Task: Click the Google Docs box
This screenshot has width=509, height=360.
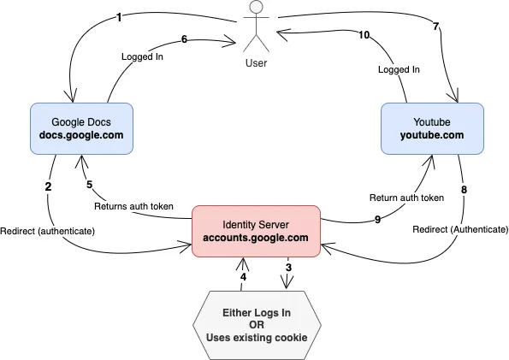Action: (x=81, y=128)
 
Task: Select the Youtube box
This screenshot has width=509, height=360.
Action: (x=432, y=128)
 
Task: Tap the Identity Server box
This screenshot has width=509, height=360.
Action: (x=256, y=231)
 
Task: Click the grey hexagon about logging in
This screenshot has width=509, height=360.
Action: (x=257, y=325)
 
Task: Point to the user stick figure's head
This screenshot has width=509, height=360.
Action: (x=257, y=7)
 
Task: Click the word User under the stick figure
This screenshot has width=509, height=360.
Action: (x=256, y=63)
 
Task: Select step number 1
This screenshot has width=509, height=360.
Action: (x=119, y=17)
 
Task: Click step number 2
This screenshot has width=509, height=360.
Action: (x=49, y=186)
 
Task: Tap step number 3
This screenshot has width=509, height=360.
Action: (x=288, y=268)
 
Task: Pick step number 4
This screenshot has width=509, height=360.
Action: (x=243, y=277)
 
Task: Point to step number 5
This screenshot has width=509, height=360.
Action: (x=89, y=185)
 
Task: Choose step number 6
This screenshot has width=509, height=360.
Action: (x=184, y=39)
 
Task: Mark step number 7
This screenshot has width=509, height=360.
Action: (x=436, y=27)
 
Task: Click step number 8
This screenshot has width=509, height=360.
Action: (x=464, y=190)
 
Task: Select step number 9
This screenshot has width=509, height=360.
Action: (x=377, y=220)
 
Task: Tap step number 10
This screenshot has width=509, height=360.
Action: (x=364, y=35)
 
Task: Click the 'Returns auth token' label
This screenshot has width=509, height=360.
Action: (x=133, y=206)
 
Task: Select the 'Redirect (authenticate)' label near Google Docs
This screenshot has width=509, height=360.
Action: (x=47, y=232)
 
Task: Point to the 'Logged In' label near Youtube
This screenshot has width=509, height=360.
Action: (x=399, y=69)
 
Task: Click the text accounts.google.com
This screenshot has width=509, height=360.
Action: (x=256, y=238)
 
